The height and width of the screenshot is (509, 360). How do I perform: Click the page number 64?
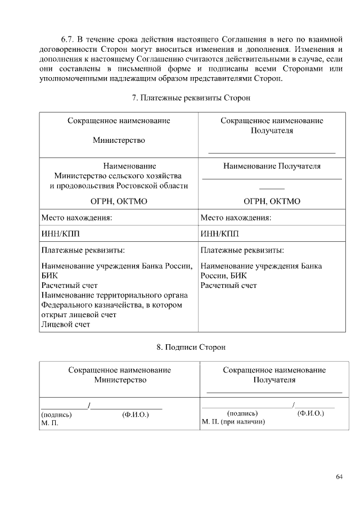339,478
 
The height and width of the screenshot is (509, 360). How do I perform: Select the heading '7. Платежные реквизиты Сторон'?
191,98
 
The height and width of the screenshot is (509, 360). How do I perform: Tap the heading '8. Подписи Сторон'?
191,347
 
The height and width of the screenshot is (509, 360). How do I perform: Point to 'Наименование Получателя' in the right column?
272,166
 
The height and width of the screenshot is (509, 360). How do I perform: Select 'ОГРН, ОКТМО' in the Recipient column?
272,201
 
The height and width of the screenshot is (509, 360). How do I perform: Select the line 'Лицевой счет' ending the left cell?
65,324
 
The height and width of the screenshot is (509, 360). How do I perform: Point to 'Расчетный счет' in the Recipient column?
228,286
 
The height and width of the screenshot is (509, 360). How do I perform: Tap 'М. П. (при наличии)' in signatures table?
233,421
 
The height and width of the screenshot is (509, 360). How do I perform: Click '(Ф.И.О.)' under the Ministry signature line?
135,415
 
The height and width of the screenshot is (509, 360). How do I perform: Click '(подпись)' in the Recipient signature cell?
242,413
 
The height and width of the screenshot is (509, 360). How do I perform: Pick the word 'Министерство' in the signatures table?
120,380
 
